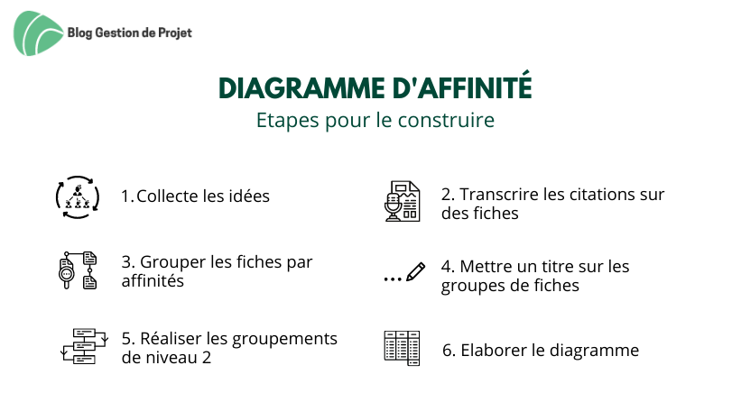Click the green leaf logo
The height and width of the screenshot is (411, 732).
click(38, 33)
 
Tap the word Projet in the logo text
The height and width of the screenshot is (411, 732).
click(174, 33)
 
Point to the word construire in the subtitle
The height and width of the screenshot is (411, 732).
click(446, 120)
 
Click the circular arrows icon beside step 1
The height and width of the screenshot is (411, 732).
click(78, 197)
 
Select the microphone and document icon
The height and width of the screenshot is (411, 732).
click(403, 201)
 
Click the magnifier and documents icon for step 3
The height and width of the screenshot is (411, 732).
click(78, 270)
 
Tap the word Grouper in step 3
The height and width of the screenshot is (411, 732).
click(172, 263)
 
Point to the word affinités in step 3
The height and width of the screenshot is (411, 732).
click(153, 281)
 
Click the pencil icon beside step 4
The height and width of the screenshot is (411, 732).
click(415, 271)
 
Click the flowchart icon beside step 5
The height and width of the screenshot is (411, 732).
click(85, 346)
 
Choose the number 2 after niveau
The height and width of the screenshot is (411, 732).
click(207, 358)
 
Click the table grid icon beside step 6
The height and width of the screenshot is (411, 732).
click(402, 348)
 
